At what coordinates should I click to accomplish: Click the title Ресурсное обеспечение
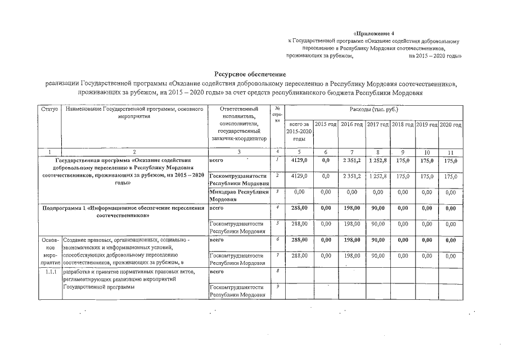tap(250, 75)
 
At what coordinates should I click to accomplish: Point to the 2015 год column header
tap(326, 124)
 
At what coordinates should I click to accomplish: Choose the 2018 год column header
tap(403, 124)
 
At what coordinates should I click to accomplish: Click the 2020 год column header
tap(451, 124)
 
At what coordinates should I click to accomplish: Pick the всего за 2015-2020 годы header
tap(299, 130)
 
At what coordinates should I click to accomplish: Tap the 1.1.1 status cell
tap(49, 272)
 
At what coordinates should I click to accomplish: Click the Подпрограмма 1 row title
tap(123, 211)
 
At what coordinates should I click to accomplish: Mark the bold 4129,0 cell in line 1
tap(299, 161)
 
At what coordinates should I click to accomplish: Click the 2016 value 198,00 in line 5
tap(352, 224)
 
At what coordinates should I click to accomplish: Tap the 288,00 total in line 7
tap(299, 256)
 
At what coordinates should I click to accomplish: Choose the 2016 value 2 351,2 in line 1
tap(352, 161)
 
